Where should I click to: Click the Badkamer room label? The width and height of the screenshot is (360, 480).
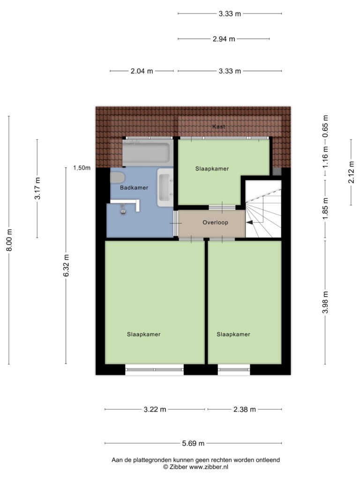tap(134, 187)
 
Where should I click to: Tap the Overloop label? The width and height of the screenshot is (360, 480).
tap(215, 223)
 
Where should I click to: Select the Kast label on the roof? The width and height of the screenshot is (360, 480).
tap(218, 127)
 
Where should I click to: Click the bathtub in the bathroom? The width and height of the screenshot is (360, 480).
tap(148, 153)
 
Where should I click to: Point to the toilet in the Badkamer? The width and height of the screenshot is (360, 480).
tap(117, 178)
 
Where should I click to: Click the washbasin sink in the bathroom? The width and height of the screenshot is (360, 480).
tap(165, 187)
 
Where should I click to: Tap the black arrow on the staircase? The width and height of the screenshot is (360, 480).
tap(249, 223)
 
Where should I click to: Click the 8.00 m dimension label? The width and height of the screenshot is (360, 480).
tap(9, 240)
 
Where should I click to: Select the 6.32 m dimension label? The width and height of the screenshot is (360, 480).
tap(66, 265)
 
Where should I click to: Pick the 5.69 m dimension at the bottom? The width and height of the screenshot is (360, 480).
tap(193, 443)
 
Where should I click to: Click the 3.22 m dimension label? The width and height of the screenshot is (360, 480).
tap(155, 409)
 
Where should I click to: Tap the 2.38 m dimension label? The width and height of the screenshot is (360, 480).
tap(245, 409)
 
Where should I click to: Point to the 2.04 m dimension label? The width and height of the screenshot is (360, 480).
tap(142, 71)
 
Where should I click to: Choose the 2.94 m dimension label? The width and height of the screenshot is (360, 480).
tap(224, 39)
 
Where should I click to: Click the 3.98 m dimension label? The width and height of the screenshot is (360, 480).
tap(325, 302)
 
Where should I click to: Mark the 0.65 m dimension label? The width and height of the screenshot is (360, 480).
tap(325, 126)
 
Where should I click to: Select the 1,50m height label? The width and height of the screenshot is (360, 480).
tap(82, 168)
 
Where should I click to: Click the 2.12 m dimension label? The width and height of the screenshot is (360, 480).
tap(351, 172)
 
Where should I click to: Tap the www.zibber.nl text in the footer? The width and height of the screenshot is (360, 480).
tap(209, 467)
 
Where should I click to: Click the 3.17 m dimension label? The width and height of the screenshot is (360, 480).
tap(37, 188)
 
